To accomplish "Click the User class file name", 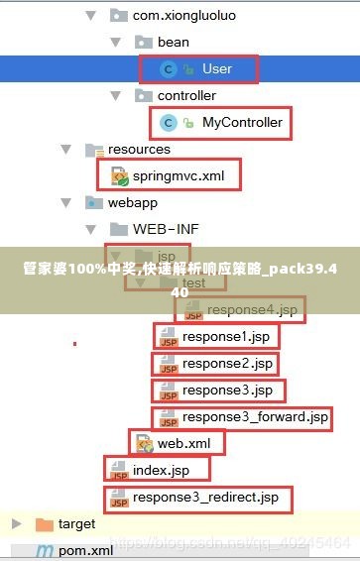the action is click(x=216, y=68).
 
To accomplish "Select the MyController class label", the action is click(x=242, y=123).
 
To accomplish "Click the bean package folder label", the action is click(x=173, y=42).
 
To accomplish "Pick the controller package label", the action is click(x=186, y=95).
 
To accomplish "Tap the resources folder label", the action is click(x=139, y=149).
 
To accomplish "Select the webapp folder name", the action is click(x=133, y=202).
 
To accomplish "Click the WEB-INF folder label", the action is click(x=166, y=229).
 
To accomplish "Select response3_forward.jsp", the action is click(x=255, y=417).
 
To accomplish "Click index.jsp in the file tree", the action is click(x=160, y=470).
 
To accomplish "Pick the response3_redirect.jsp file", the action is click(x=205, y=497).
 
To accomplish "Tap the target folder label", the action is click(x=76, y=523).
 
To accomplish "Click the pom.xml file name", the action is click(x=85, y=550).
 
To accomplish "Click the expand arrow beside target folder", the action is click(x=16, y=523).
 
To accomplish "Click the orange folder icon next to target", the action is click(x=44, y=523).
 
